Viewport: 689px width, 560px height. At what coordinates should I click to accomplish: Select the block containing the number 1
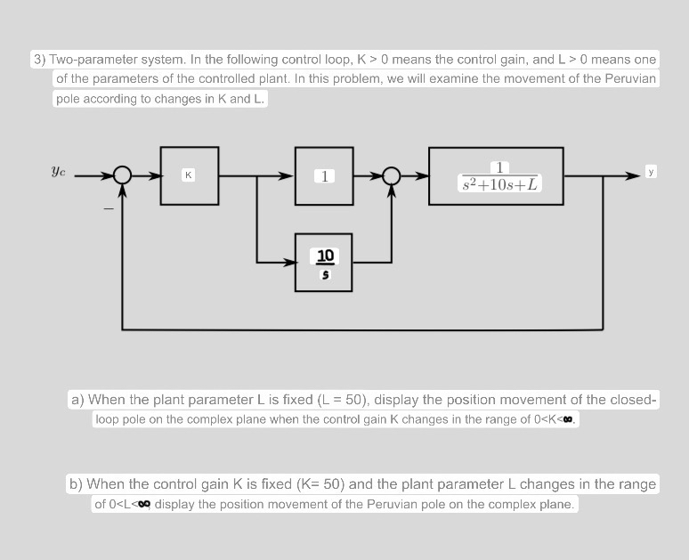pyautogui.click(x=325, y=175)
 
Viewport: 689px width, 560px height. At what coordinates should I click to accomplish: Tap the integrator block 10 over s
pyautogui.click(x=325, y=263)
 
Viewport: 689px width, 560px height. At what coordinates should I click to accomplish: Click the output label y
pyautogui.click(x=651, y=170)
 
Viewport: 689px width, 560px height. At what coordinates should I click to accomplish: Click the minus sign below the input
pyautogui.click(x=108, y=209)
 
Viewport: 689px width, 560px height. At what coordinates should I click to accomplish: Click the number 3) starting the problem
pyautogui.click(x=40, y=60)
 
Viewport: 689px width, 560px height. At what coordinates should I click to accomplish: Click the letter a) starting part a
pyautogui.click(x=77, y=400)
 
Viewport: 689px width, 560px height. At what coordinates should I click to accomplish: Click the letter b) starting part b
pyautogui.click(x=77, y=484)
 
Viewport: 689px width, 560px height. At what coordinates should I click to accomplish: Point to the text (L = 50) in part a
pyautogui.click(x=331, y=400)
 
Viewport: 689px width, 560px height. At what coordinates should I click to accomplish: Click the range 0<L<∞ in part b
pyautogui.click(x=124, y=505)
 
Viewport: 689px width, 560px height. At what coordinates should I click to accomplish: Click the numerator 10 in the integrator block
pyautogui.click(x=325, y=256)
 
